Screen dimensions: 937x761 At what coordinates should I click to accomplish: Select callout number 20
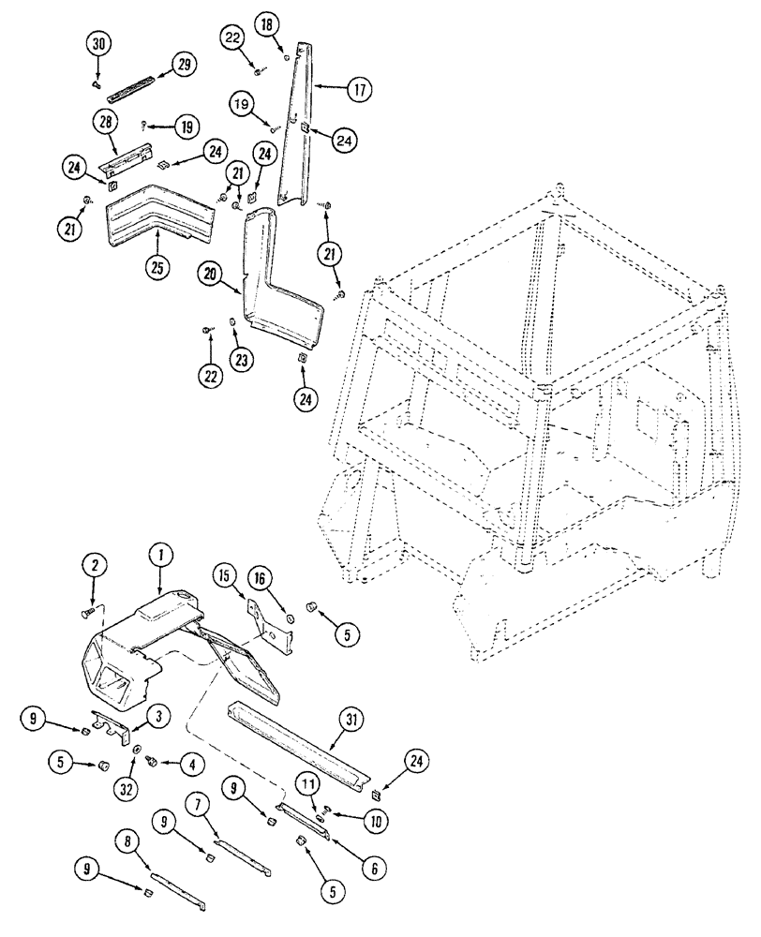point(210,275)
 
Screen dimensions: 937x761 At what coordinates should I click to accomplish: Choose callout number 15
point(225,573)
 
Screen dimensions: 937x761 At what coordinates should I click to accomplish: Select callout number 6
point(373,868)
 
